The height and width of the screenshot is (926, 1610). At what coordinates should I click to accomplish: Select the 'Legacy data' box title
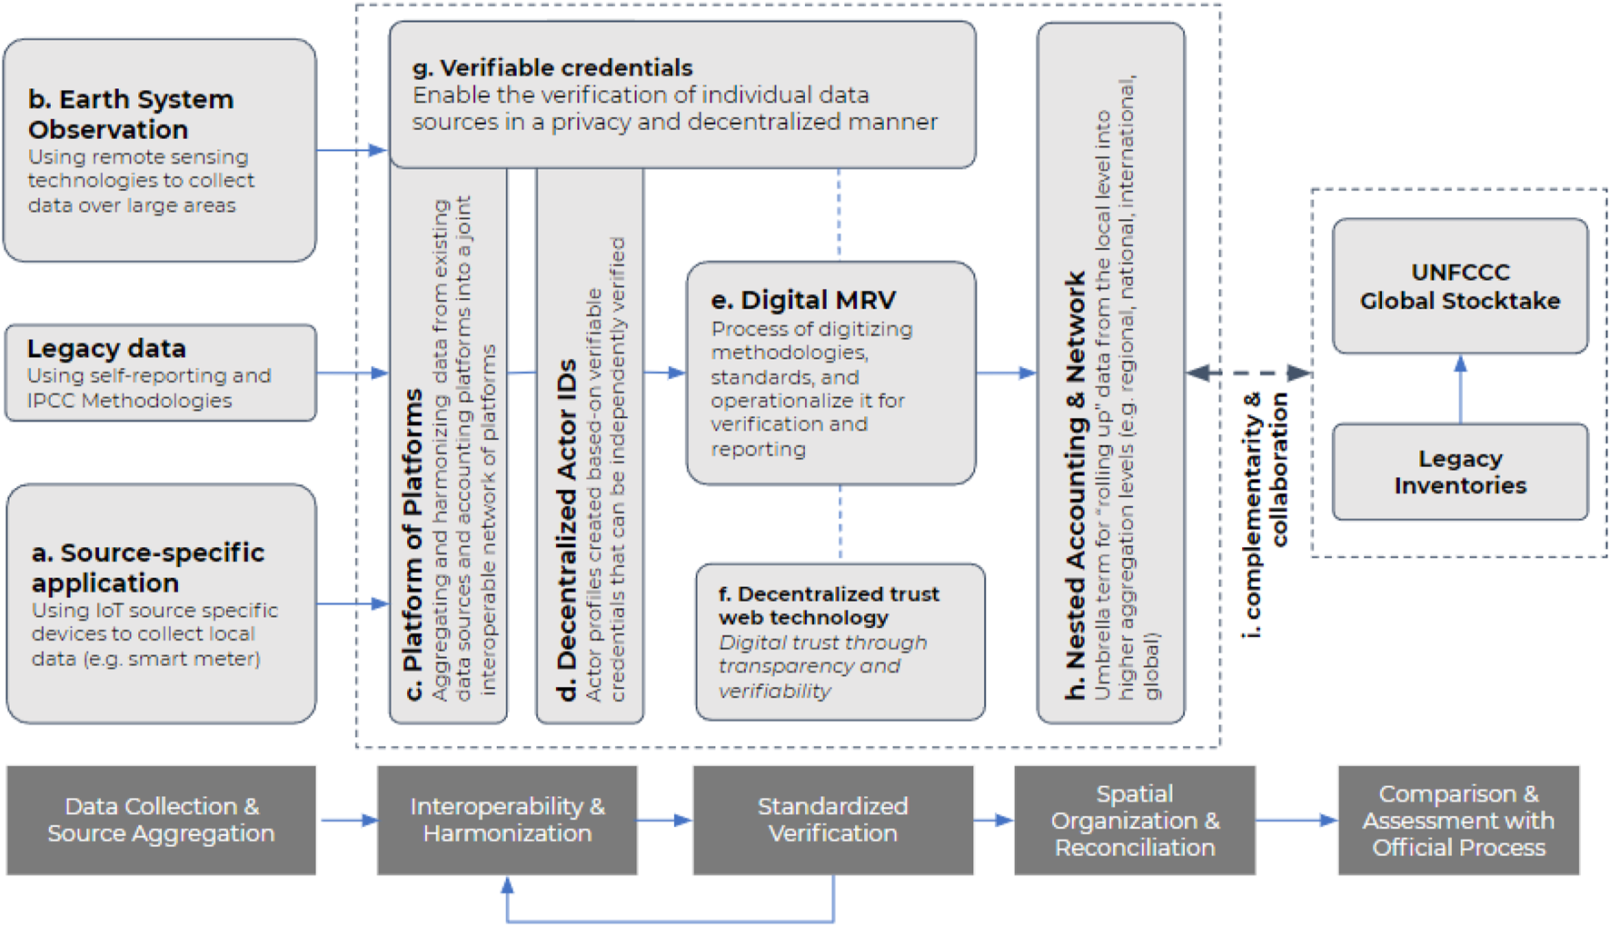coord(106,348)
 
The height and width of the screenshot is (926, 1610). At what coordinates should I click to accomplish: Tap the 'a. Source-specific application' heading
coord(147,567)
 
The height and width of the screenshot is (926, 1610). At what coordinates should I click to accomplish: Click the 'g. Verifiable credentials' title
coord(552,67)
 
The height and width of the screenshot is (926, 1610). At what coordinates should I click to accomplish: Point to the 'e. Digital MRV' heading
coord(803,300)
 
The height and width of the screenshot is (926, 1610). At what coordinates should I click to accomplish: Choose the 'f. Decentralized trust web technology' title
coord(828,605)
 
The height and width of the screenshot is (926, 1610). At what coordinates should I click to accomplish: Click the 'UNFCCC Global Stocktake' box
coord(1459,286)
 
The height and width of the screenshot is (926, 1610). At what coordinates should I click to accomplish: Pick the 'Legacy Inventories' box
coord(1459,472)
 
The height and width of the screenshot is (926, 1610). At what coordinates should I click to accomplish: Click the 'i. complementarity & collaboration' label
coord(1265,514)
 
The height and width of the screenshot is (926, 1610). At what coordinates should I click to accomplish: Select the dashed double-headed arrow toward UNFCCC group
coord(1248,373)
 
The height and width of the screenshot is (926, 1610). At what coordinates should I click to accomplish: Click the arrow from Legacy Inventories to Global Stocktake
coord(1460,389)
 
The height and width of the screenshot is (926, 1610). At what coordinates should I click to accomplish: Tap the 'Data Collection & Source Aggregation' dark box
coord(161,820)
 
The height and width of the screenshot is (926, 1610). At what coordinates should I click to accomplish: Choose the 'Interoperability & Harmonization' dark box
coord(507,820)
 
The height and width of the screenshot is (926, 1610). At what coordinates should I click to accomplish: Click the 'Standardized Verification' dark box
coord(832,820)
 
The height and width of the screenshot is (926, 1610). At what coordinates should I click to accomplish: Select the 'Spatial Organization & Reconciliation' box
coord(1134,820)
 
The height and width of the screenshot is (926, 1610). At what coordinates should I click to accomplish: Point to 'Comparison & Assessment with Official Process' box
coord(1457,820)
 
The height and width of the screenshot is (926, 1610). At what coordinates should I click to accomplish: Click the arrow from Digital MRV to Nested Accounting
coord(1006,373)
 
